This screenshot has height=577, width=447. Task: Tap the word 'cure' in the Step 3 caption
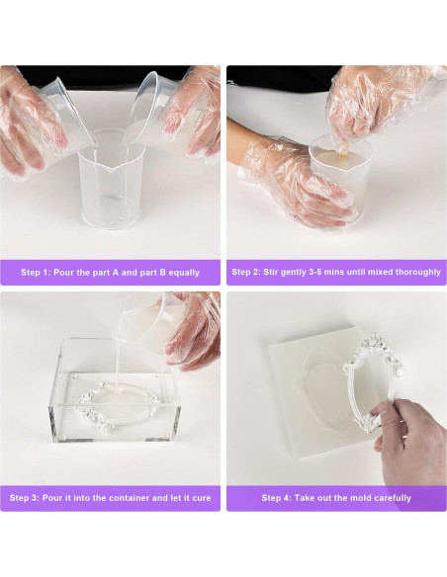coord(202,498)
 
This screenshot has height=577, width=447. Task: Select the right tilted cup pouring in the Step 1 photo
coord(150,111)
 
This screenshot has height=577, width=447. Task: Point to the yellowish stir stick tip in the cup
coord(343,154)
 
